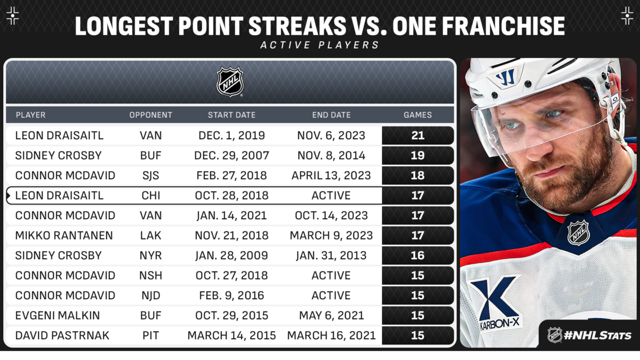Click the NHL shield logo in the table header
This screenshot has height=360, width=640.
(230, 82)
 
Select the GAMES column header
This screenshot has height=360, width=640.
(418, 115)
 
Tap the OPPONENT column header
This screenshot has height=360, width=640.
(151, 115)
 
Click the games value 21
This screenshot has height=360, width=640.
(418, 135)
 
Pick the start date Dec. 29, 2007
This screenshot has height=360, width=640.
(231, 155)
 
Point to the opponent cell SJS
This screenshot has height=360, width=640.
(150, 175)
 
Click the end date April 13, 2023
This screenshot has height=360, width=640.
(331, 175)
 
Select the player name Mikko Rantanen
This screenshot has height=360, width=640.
(64, 235)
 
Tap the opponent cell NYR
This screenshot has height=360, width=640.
(150, 255)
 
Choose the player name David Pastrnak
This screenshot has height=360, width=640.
(62, 335)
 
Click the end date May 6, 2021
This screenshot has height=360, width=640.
(331, 315)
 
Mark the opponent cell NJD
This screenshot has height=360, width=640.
(150, 295)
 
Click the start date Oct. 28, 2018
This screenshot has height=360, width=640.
(231, 195)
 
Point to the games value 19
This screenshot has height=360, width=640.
(418, 155)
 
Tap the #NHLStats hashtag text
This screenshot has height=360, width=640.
(598, 335)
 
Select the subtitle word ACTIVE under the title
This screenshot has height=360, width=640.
(285, 45)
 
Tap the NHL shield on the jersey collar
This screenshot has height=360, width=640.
(578, 233)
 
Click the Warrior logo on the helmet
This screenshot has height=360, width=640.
(506, 77)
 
